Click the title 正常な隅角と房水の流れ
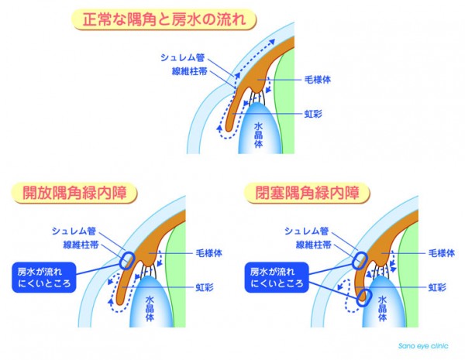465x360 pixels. (164, 19)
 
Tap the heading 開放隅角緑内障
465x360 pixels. (74, 193)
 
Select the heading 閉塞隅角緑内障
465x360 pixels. (307, 193)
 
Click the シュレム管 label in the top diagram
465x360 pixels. (182, 57)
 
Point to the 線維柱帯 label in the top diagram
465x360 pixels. (189, 71)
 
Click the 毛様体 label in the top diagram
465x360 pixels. (317, 80)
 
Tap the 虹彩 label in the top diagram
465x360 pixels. (313, 114)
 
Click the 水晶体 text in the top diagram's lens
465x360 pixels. (258, 135)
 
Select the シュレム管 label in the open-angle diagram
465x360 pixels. (74, 231)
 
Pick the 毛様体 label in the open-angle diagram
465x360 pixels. (208, 253)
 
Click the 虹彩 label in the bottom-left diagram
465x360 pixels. (205, 287)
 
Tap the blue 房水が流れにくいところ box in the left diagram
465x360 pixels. (44, 277)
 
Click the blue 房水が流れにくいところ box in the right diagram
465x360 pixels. (277, 277)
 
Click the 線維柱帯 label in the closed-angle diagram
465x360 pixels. (313, 245)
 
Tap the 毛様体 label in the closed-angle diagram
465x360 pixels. (442, 253)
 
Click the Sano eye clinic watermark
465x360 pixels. (423, 346)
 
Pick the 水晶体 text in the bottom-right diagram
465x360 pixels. (383, 308)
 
